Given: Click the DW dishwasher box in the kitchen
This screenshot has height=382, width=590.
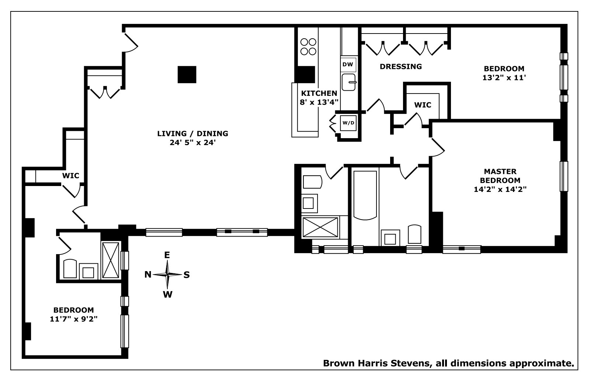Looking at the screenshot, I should click(348, 64).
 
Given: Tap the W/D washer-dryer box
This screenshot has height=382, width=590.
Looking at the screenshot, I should click(348, 123).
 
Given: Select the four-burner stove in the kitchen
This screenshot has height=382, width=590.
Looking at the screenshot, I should click(308, 46).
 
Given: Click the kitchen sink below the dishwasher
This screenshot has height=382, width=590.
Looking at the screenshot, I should click(348, 82).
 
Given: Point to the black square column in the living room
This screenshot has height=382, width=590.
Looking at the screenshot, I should click(187, 74).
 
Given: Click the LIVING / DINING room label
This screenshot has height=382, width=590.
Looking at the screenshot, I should click(192, 133).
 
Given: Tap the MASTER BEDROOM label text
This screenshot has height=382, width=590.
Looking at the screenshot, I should click(500, 176).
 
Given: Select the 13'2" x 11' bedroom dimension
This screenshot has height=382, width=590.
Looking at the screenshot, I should click(504, 78).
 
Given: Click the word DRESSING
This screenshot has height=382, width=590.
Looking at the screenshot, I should click(401, 67).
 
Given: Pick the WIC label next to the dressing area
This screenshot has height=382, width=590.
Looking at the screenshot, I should click(423, 105).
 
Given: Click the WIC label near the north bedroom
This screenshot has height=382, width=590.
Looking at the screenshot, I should click(70, 176).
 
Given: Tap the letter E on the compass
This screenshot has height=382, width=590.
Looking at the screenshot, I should click(167, 255).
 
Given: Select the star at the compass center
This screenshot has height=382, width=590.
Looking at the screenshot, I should click(167, 274).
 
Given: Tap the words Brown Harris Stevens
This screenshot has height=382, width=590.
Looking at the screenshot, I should click(376, 363).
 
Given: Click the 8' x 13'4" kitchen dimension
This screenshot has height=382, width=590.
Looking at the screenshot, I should click(319, 102).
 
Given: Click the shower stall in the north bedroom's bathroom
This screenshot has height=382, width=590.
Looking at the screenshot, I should click(111, 260).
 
